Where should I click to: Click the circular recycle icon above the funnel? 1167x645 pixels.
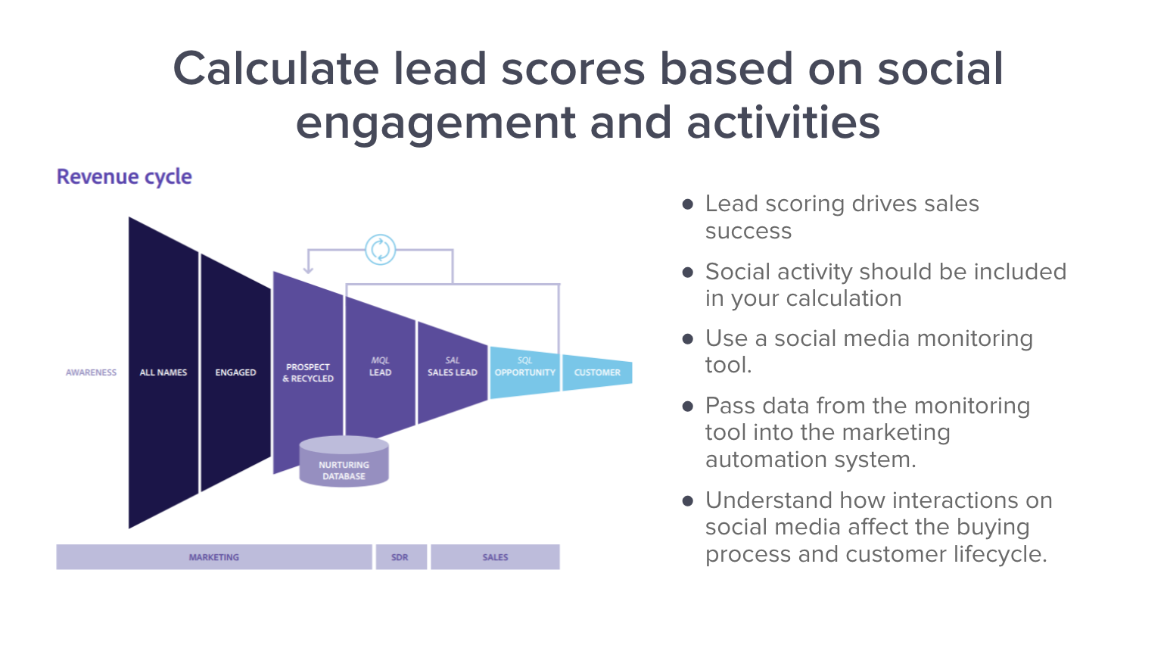[381, 250]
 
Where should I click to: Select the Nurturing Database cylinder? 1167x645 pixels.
[344, 462]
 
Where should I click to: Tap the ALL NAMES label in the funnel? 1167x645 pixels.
[163, 372]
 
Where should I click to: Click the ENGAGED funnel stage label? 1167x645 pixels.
[235, 372]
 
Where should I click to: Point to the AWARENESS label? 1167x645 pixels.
[91, 372]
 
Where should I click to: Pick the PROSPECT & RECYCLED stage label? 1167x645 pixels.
[308, 373]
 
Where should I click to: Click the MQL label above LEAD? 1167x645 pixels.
[381, 360]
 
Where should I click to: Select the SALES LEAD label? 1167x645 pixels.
[453, 372]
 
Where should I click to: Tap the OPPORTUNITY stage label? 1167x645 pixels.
[525, 372]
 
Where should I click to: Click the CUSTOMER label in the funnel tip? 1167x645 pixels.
[597, 372]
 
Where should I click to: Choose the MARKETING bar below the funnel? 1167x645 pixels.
[214, 557]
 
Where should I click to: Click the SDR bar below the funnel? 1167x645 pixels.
[401, 557]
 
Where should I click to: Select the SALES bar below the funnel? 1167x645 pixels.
[495, 557]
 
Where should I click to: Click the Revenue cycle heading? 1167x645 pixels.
[124, 177]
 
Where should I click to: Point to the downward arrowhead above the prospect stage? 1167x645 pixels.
[309, 270]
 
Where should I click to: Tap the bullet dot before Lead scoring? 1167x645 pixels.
[688, 204]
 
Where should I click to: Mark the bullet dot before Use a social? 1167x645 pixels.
[688, 339]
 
